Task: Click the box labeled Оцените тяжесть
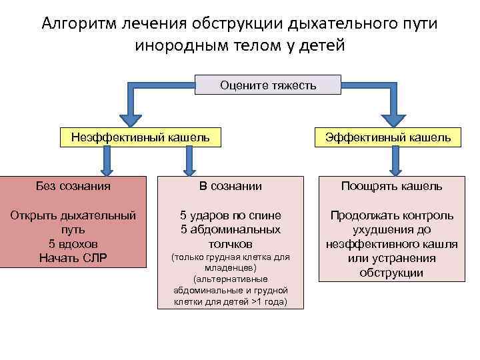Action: click(268, 85)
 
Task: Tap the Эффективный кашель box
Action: click(387, 137)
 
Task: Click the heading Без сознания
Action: click(73, 185)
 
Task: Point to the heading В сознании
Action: click(231, 186)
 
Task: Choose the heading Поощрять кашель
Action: click(391, 186)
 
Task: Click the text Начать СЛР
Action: click(73, 258)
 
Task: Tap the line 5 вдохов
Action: click(73, 244)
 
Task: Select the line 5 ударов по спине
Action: click(231, 215)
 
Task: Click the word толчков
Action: click(231, 245)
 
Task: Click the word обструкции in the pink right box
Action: click(391, 273)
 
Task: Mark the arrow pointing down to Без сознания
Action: click(105, 161)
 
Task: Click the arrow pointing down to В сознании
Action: click(190, 161)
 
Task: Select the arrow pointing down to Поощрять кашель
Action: click(398, 161)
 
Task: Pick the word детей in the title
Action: click(321, 46)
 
